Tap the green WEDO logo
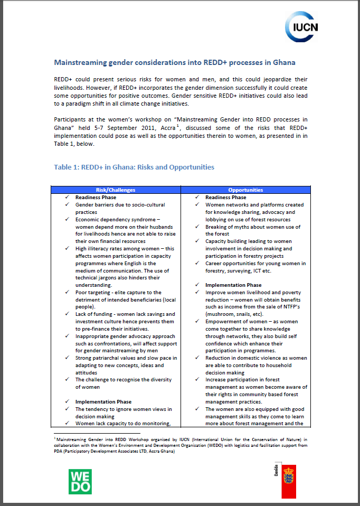pos(80,480)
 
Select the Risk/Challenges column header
pos(116,190)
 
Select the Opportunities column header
pos(246,190)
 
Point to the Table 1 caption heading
pos(134,167)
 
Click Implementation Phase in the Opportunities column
pos(233,285)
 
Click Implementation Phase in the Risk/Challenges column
pos(103,401)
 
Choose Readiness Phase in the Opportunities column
pos(225,197)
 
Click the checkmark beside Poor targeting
pos(67,292)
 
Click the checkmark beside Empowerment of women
pos(197,321)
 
